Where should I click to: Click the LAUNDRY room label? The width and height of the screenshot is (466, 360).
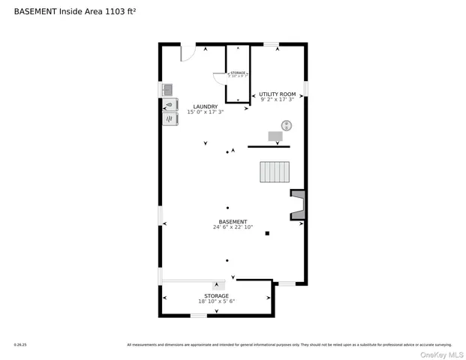click(x=205, y=106)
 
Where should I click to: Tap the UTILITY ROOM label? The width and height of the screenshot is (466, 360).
click(x=277, y=94)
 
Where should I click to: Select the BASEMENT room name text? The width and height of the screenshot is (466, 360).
click(x=233, y=221)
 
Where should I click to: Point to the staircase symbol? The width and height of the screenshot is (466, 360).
click(x=275, y=172)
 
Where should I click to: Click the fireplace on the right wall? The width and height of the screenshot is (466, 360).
click(x=298, y=205)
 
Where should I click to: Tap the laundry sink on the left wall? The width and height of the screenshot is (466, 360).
click(x=168, y=90)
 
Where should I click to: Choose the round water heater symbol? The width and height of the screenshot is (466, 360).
click(x=287, y=125)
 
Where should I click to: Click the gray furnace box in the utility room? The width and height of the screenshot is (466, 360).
click(x=275, y=136)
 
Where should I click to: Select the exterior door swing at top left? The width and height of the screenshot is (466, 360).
click(x=188, y=52)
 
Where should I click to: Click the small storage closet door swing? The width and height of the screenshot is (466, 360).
click(x=219, y=77)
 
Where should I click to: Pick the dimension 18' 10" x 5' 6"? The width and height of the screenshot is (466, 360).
click(x=217, y=301)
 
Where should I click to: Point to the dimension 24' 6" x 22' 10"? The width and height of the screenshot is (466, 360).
click(x=233, y=227)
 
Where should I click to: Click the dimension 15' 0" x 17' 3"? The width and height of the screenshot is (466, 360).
click(x=205, y=112)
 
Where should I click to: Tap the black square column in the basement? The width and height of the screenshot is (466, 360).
click(x=266, y=233)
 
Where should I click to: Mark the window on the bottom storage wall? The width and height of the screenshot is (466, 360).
click(x=198, y=316)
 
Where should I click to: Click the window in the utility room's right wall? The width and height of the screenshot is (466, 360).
click(x=305, y=88)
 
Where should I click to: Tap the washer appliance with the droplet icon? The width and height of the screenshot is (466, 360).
click(x=170, y=105)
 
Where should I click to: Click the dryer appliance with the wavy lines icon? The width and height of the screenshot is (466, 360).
click(x=170, y=118)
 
